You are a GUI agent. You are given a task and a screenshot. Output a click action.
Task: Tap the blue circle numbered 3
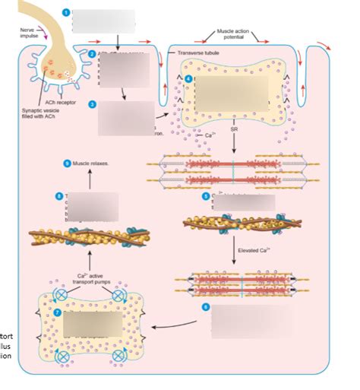(x=91, y=104)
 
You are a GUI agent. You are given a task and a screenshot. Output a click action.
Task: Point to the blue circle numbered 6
(x=204, y=307)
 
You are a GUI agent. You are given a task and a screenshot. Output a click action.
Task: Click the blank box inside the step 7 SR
(x=91, y=325)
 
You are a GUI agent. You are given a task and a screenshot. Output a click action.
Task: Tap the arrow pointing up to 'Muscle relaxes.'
(x=90, y=179)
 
